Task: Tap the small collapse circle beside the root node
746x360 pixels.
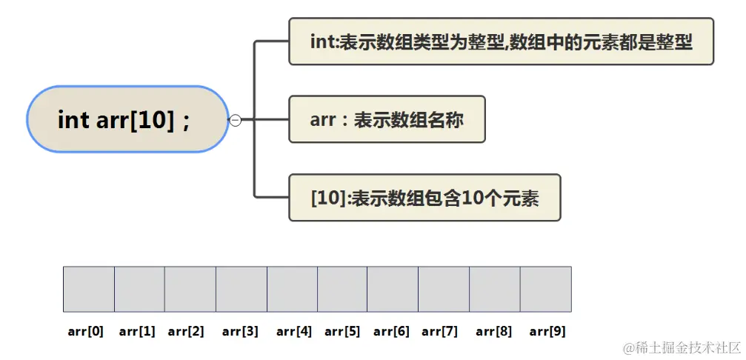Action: (236, 120)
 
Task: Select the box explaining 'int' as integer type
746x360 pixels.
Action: (501, 41)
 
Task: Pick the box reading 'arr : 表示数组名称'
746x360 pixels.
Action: (387, 119)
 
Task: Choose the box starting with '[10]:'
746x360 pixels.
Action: (424, 198)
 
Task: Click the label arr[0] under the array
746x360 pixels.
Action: (85, 331)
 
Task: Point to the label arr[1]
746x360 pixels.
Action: (137, 331)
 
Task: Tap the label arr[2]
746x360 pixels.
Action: (186, 331)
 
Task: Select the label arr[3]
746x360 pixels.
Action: (240, 331)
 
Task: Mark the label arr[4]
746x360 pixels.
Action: (294, 331)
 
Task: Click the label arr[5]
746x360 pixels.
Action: (342, 331)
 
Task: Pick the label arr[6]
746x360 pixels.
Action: (392, 331)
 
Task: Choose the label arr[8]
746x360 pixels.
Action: (494, 331)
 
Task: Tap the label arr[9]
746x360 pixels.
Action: (547, 331)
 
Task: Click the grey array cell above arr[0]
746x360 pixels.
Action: (89, 289)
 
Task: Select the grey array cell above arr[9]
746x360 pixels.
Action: (546, 289)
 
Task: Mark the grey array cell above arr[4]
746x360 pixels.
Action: (292, 289)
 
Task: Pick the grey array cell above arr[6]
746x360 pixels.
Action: (393, 289)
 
